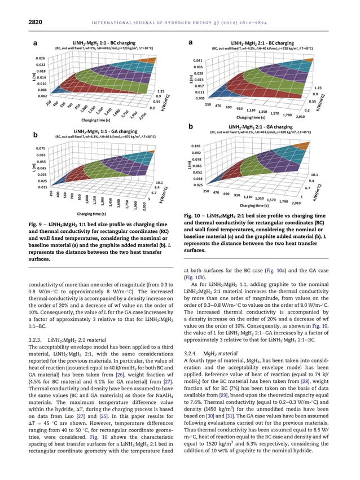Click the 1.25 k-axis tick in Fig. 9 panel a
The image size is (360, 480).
tap(160, 90)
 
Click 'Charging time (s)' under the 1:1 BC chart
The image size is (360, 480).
tap(98, 120)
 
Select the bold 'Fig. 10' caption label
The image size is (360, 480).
tap(195, 215)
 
